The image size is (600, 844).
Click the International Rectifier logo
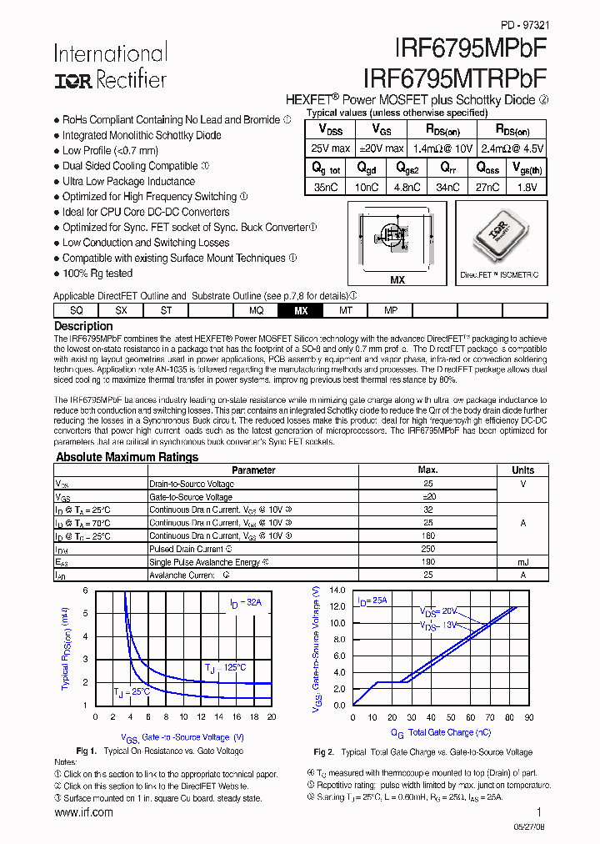[110, 66]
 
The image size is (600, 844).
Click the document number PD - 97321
[524, 27]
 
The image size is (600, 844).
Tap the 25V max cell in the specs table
[332, 148]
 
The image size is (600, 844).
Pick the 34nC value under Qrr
[447, 188]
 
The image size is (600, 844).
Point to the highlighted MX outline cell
[301, 310]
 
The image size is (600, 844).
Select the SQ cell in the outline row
[76, 310]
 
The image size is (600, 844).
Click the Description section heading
[83, 326]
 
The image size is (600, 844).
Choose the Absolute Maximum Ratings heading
[127, 457]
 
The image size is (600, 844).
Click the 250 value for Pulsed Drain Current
[427, 549]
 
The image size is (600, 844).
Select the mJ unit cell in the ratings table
[522, 562]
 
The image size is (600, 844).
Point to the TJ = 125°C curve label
[225, 667]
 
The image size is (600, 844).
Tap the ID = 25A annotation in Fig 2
[372, 600]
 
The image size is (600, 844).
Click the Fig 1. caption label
[87, 751]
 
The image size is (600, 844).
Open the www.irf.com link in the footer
[83, 813]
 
